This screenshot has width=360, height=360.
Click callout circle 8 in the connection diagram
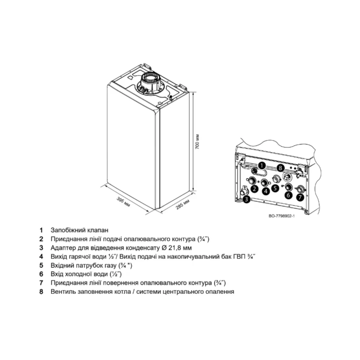[x=281, y=167]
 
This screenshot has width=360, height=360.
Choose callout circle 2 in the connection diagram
[x=254, y=189]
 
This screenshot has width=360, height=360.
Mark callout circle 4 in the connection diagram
[x=266, y=191]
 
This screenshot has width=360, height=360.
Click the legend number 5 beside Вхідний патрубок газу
[x=41, y=265]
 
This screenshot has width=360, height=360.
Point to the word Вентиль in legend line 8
[x=63, y=292]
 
